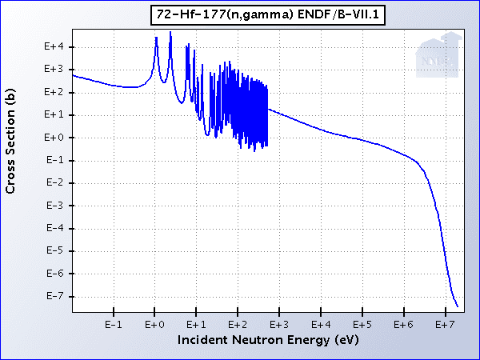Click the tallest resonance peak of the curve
tap(170, 33)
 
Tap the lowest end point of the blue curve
tap(458, 306)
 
